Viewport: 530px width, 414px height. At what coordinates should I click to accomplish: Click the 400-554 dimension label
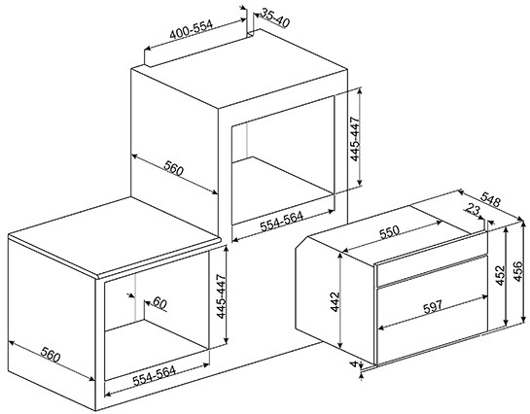(x=192, y=30)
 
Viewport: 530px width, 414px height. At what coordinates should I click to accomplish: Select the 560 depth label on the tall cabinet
(x=174, y=168)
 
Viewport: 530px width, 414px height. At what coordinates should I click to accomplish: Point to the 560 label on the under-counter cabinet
(x=51, y=354)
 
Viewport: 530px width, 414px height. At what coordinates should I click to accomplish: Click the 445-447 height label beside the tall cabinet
(x=355, y=139)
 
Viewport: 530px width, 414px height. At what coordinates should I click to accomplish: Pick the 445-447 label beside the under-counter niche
(x=222, y=296)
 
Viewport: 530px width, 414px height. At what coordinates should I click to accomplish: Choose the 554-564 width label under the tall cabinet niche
(x=282, y=222)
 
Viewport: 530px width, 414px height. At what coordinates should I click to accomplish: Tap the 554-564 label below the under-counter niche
(x=154, y=376)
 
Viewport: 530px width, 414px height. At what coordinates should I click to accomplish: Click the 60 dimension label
(x=159, y=303)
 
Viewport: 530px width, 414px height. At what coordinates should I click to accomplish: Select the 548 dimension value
(x=490, y=199)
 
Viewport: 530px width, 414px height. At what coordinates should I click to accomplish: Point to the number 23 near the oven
(x=473, y=210)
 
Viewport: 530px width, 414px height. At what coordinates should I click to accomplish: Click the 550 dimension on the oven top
(x=389, y=232)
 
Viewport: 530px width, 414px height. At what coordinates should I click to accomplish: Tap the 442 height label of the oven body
(x=335, y=301)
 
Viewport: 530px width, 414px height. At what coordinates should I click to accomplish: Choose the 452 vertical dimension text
(x=501, y=276)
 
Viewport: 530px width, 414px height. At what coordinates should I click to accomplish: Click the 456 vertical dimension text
(x=518, y=271)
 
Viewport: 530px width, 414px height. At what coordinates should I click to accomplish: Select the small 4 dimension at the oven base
(x=354, y=363)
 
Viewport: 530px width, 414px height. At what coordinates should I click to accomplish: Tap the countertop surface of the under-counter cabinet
(x=112, y=233)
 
